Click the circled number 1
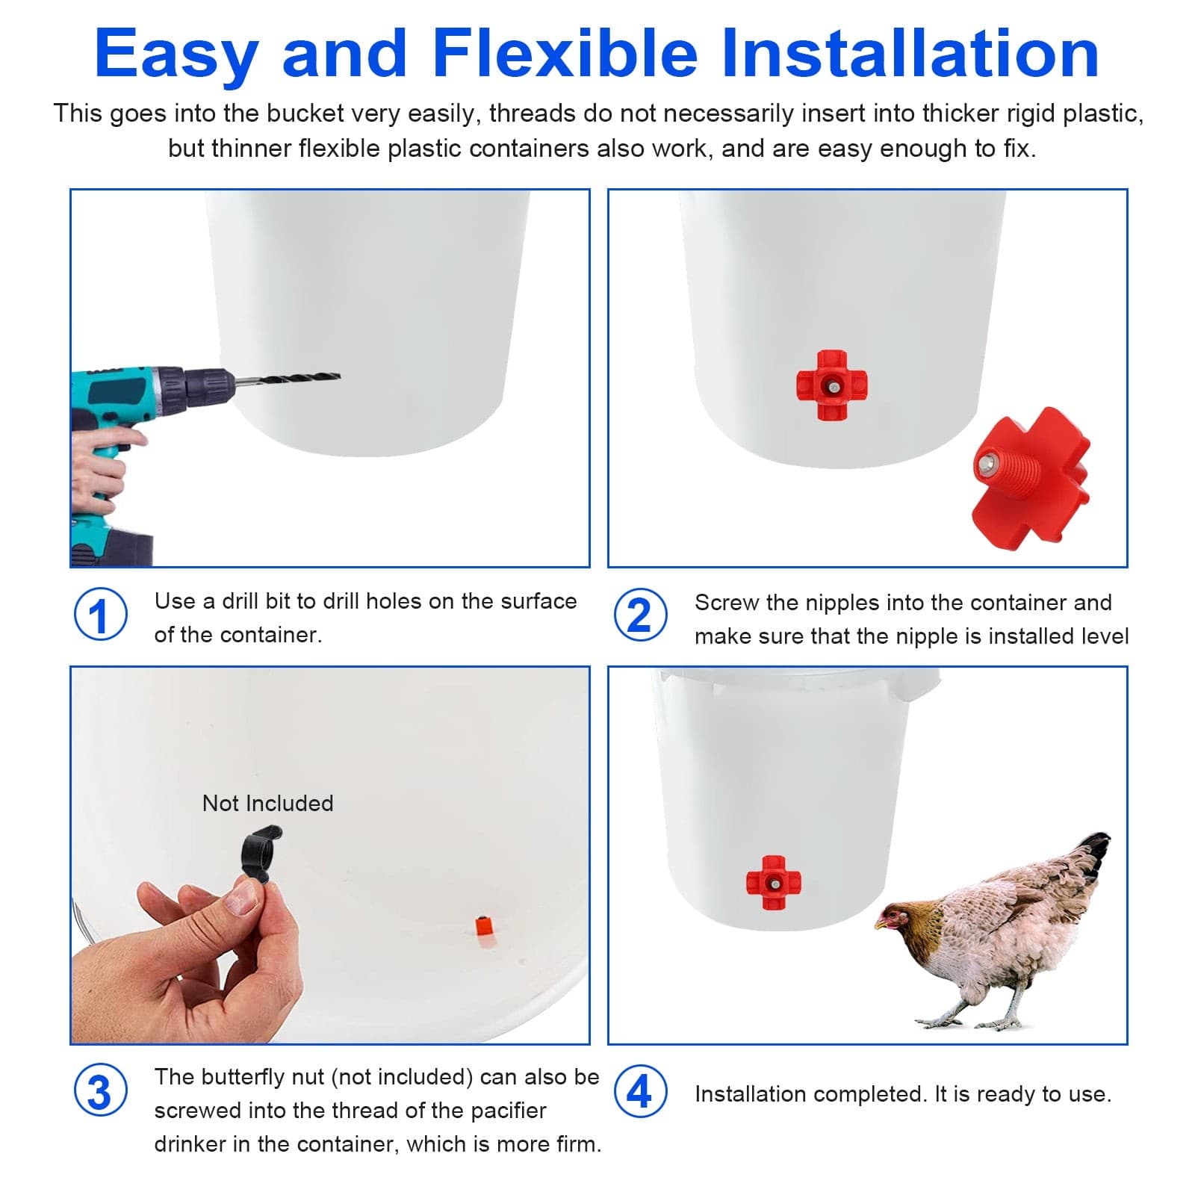click(100, 615)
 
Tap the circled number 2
click(640, 616)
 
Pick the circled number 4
click(640, 1093)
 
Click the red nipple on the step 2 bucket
click(831, 385)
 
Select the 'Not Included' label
click(267, 804)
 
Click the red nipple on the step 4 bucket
click(773, 883)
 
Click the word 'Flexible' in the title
click(565, 54)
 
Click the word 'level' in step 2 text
click(1105, 636)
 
